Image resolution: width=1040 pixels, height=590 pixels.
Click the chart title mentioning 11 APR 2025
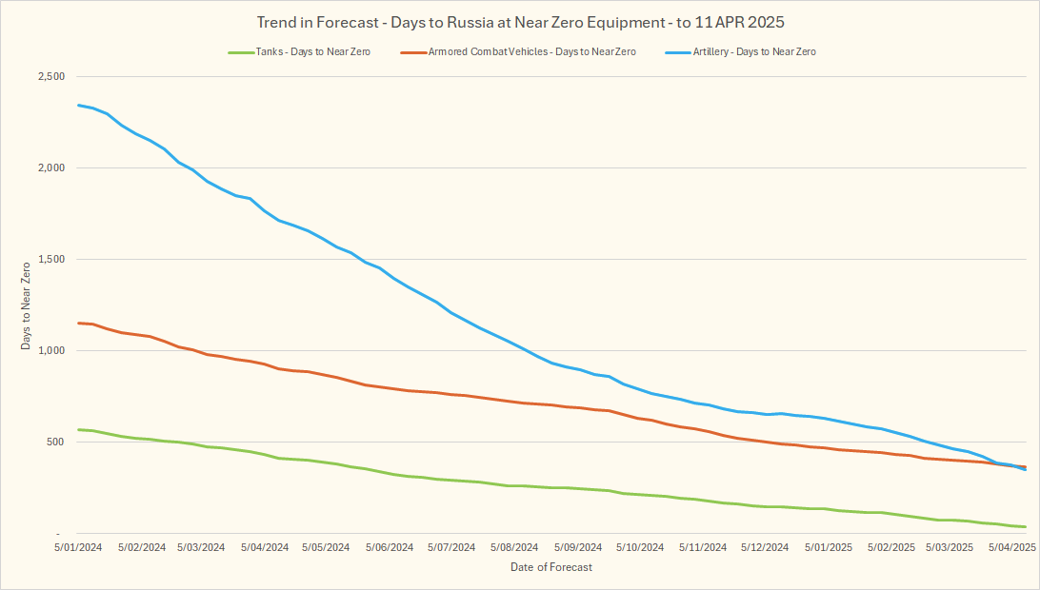click(x=520, y=21)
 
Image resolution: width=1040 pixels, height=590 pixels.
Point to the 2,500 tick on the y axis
click(x=50, y=77)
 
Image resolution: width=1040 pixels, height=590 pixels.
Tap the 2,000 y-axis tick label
click(x=50, y=168)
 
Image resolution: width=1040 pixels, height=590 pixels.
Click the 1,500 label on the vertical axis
click(x=50, y=260)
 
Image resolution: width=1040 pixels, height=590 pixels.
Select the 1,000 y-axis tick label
click(x=50, y=351)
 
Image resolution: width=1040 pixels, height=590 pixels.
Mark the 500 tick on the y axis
click(x=55, y=442)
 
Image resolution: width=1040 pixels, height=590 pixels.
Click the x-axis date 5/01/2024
click(x=78, y=548)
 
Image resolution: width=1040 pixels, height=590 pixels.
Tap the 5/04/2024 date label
click(x=264, y=548)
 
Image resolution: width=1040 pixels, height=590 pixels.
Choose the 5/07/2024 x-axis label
click(x=450, y=548)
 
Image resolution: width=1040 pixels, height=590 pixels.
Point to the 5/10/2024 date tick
click(x=639, y=548)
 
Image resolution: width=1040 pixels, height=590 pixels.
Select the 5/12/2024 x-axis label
click(x=764, y=548)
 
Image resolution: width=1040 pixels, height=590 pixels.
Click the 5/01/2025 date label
click(x=828, y=548)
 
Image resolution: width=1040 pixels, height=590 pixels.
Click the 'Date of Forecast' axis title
click(x=550, y=567)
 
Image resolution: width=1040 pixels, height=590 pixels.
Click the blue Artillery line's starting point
click(x=78, y=105)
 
